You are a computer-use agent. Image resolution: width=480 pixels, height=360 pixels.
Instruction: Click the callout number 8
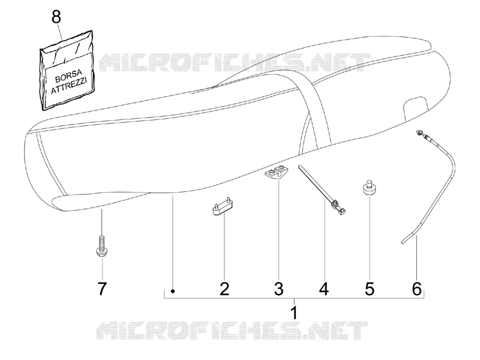56,17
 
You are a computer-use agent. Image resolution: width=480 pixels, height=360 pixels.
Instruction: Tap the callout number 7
102,289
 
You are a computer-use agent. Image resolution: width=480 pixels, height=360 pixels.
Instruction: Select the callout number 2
224,289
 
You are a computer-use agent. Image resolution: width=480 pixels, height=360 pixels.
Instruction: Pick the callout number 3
278,289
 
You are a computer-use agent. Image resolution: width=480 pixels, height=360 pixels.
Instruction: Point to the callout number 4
324,289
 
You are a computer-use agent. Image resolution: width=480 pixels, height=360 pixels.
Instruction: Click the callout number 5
370,289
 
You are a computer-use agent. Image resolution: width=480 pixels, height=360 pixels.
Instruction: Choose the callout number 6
416,289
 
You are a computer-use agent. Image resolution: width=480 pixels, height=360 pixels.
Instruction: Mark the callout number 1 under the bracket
294,313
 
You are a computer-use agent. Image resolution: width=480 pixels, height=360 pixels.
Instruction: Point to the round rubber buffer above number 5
369,187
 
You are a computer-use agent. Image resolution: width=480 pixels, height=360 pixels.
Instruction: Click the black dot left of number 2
173,291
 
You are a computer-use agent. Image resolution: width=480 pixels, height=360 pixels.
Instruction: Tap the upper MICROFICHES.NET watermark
233,63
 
